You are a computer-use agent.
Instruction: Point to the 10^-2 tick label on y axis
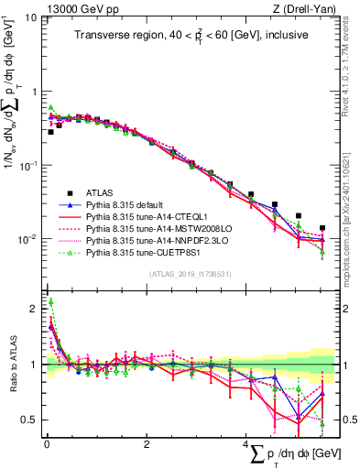27,239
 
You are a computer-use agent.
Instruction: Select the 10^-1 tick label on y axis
27,165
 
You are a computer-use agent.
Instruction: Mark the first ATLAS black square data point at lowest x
50,132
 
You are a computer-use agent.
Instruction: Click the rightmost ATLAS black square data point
322,228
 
